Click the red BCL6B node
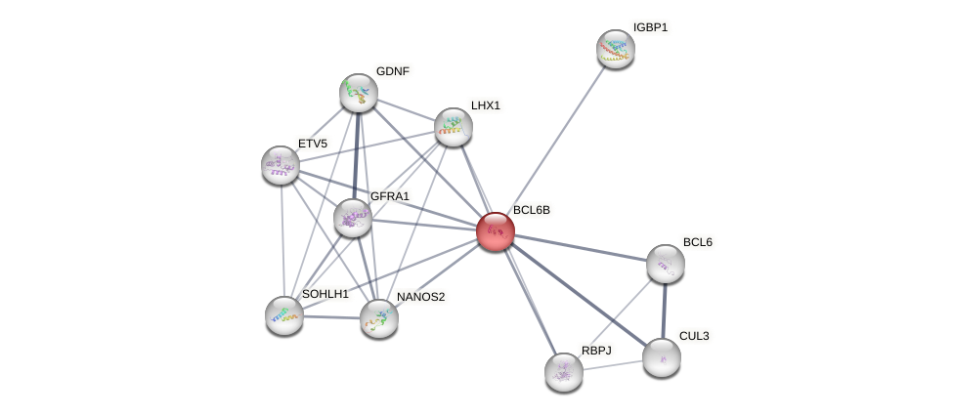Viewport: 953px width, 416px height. click(x=496, y=231)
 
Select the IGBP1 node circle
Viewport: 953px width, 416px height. click(x=616, y=49)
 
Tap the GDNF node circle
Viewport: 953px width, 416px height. click(x=359, y=92)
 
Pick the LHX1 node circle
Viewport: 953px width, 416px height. click(x=454, y=126)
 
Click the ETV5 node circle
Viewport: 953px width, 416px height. click(x=281, y=165)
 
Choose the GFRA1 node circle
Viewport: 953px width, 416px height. click(x=352, y=217)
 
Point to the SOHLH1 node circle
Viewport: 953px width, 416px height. click(x=284, y=314)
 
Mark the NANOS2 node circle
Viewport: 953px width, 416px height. click(x=378, y=318)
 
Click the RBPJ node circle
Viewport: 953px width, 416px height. click(x=564, y=371)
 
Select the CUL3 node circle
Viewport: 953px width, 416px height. click(x=662, y=357)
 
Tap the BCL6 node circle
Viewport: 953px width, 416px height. click(x=666, y=263)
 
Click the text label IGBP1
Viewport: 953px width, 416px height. click(x=650, y=27)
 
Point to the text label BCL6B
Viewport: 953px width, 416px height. click(x=532, y=210)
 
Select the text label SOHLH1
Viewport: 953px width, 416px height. click(x=325, y=294)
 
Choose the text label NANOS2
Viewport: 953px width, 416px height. click(x=420, y=297)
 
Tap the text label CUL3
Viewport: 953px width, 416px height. click(x=694, y=336)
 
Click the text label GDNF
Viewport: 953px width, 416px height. click(x=393, y=71)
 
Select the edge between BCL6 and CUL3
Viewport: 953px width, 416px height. click(x=664, y=311)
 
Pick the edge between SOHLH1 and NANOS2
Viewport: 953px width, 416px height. click(x=331, y=316)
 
